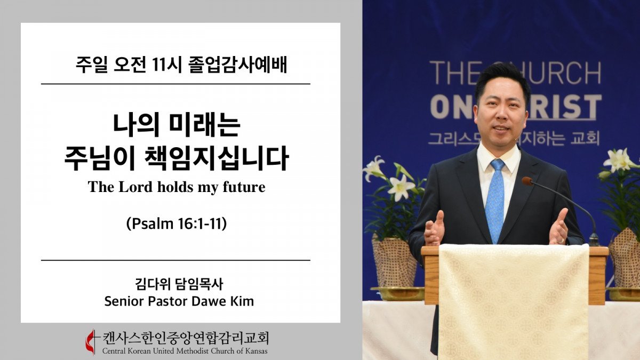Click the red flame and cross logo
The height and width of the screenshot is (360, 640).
tap(91, 342)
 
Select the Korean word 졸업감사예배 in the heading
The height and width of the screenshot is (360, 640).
tap(238, 66)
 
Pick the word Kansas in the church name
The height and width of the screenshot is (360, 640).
tap(257, 351)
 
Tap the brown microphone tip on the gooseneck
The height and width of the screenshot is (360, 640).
tap(527, 181)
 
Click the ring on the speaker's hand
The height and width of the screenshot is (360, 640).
tap(562, 241)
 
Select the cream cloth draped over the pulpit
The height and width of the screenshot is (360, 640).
tap(514, 301)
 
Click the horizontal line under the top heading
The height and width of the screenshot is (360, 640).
tap(175, 84)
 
